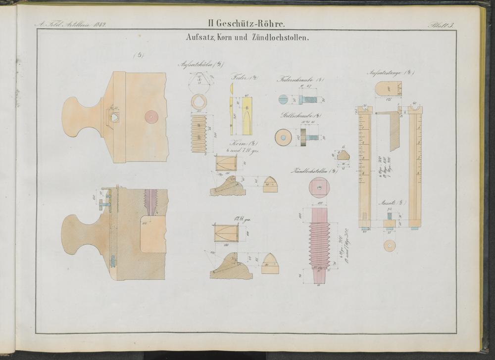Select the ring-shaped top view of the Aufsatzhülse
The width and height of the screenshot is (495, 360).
200,103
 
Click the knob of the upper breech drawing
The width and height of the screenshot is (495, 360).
79,116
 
